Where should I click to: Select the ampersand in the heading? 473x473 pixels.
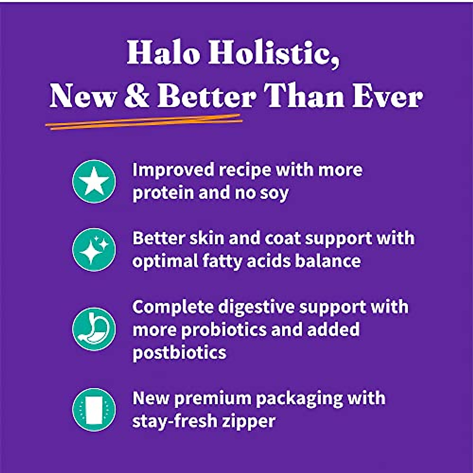click(x=136, y=96)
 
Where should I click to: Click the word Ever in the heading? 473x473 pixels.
click(x=387, y=96)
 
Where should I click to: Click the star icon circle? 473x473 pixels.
click(x=94, y=181)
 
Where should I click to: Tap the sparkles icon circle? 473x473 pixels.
click(x=94, y=250)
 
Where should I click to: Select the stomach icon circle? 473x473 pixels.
click(x=94, y=329)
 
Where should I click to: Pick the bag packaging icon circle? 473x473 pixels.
click(x=94, y=410)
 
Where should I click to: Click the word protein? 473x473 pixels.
click(x=162, y=193)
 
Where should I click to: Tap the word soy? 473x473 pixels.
click(x=275, y=193)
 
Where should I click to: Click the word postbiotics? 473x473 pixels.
click(x=179, y=352)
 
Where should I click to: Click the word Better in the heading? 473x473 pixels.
click(x=206, y=96)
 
